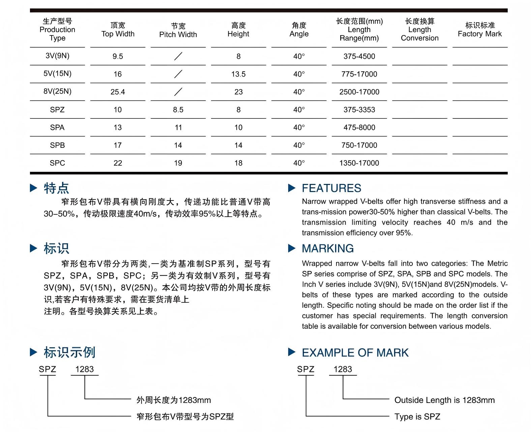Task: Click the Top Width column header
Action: (x=118, y=30)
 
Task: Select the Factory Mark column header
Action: (x=479, y=30)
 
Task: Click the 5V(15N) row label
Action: (x=57, y=74)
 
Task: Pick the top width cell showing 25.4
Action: (x=118, y=92)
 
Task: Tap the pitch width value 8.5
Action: (x=178, y=110)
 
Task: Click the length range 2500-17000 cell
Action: (x=359, y=92)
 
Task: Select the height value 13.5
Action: (x=238, y=74)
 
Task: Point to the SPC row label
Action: (x=57, y=163)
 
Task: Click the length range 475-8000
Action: (x=359, y=128)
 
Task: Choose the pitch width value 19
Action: (x=178, y=163)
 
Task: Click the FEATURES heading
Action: (x=331, y=188)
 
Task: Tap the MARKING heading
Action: (x=327, y=248)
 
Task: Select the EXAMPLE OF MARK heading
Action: (x=355, y=353)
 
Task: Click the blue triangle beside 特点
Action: (x=34, y=188)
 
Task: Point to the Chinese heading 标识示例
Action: (x=69, y=352)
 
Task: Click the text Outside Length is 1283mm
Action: (x=444, y=400)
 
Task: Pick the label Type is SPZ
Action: (x=417, y=417)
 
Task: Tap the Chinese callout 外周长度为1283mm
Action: (x=174, y=400)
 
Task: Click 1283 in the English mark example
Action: (x=343, y=369)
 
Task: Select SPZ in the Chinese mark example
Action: (x=47, y=369)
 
